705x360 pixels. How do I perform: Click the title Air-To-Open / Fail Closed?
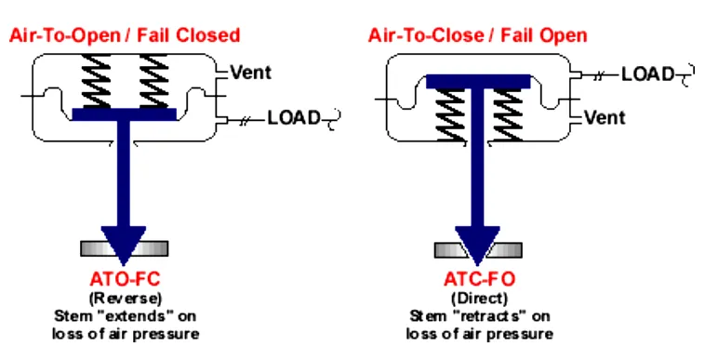click(125, 35)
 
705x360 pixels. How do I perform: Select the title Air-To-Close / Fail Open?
click(477, 35)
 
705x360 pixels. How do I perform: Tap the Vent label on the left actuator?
click(251, 72)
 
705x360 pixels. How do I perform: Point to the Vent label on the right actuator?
click(605, 117)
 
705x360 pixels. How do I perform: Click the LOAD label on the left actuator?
click(294, 118)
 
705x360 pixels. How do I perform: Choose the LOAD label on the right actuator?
click(648, 74)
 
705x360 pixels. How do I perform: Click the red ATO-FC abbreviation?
click(125, 280)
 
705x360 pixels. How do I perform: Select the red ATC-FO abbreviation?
click(479, 280)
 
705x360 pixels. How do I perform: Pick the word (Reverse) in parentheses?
click(125, 298)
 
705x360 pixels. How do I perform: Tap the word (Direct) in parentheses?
click(479, 298)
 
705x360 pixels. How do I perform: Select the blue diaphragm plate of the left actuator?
click(124, 114)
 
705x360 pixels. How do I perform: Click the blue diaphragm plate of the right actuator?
click(478, 81)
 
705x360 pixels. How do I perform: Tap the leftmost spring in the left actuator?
click(96, 81)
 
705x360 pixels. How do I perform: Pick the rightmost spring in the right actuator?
click(508, 115)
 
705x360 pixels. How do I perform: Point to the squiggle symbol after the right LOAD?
click(685, 75)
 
